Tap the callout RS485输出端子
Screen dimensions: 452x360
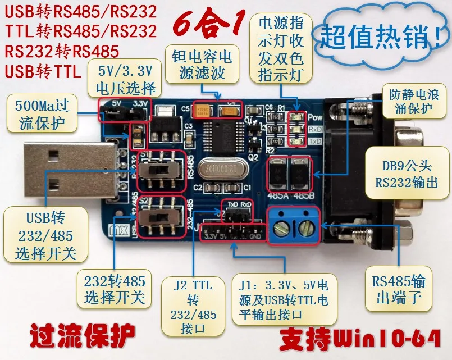tap(399, 288)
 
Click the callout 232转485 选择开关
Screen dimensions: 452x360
tap(115, 289)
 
